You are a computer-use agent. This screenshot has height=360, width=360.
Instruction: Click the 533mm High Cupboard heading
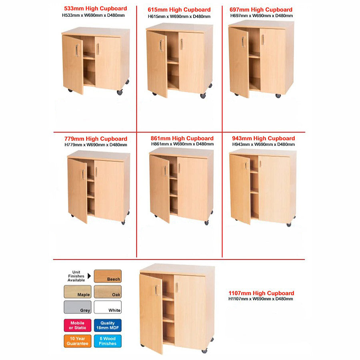95,8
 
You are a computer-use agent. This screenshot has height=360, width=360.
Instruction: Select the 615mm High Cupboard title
179,10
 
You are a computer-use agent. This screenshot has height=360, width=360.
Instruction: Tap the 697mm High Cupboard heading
261,9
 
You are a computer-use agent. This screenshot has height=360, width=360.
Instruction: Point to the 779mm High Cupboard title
96,139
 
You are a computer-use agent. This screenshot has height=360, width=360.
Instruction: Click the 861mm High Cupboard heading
182,138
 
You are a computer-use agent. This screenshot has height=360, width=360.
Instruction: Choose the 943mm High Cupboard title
263,138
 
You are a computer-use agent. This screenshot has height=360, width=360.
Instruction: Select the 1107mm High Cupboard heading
261,293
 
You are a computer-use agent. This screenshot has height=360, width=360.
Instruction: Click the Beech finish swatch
108,276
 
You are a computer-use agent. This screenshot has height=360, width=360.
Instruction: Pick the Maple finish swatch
77,292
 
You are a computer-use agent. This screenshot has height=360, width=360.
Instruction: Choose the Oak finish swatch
108,292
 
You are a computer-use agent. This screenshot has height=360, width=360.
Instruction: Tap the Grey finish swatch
77,307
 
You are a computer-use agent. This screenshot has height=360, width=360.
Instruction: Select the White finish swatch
108,307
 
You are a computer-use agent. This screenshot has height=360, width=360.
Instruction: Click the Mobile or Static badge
77,325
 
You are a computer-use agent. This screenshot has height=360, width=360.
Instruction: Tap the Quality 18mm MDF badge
108,325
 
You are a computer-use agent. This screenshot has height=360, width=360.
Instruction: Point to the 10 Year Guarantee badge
77,341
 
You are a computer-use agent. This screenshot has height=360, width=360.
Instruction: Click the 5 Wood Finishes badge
108,341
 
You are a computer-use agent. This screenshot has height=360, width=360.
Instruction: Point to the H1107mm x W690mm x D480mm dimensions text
260,299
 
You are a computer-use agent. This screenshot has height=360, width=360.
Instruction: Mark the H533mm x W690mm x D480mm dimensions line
93,15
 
